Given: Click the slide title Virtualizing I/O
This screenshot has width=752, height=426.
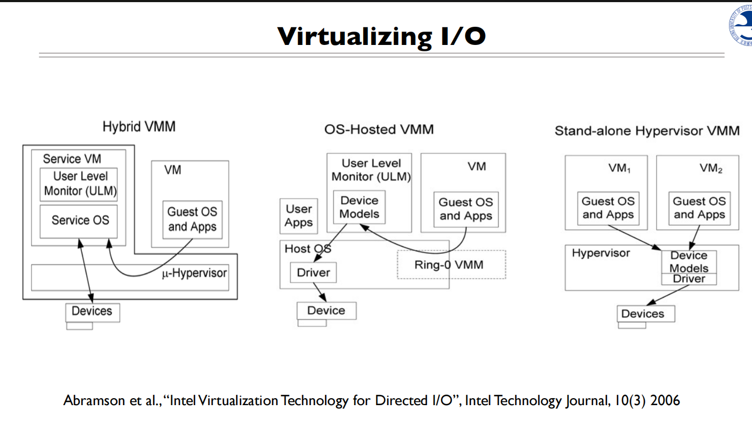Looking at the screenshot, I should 381,36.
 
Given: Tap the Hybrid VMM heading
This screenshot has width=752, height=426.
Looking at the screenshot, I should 139,127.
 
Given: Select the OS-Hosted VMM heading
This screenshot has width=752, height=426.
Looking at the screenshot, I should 379,129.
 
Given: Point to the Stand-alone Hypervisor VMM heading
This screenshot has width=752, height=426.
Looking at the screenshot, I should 646,131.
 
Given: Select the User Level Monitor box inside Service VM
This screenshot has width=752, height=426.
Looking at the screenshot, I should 79,184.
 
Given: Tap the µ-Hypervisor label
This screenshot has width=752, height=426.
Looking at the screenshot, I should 194,273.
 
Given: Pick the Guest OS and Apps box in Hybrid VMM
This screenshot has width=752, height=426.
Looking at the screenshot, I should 192,219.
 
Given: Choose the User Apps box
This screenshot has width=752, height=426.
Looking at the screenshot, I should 298,216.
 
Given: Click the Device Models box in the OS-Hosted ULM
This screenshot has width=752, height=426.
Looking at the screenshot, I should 359,207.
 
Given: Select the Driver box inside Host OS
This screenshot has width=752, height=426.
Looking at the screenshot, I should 313,273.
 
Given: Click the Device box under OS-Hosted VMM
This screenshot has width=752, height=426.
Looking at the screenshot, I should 326,311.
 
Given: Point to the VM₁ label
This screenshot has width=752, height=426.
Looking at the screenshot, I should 619,168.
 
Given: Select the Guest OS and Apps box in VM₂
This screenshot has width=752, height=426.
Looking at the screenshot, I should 698,208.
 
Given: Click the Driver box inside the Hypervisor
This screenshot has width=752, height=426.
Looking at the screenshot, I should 689,279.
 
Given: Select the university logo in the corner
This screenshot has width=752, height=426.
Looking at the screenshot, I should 741,25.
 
